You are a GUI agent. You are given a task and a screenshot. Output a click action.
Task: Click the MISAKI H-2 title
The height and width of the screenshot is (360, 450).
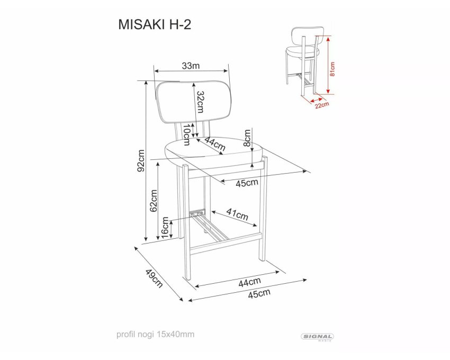point(155,25)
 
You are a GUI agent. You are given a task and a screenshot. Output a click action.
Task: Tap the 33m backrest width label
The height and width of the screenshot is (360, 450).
point(191,66)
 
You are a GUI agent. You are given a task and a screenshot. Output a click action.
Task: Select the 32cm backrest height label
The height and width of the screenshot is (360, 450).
point(200,102)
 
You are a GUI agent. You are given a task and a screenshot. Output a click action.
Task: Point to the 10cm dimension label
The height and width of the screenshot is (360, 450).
point(186,134)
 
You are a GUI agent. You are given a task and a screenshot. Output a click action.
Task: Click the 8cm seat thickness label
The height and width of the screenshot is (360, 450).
point(247,138)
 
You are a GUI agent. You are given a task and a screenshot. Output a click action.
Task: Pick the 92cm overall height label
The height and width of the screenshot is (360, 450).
point(141,161)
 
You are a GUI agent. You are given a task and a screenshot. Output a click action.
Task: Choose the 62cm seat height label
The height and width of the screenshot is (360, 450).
point(154,201)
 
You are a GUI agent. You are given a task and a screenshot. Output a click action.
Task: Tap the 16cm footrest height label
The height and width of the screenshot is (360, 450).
point(165,228)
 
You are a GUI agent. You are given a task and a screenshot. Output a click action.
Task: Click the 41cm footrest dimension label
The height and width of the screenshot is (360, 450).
point(237,214)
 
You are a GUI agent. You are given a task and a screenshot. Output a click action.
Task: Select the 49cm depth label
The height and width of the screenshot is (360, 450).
point(154,278)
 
